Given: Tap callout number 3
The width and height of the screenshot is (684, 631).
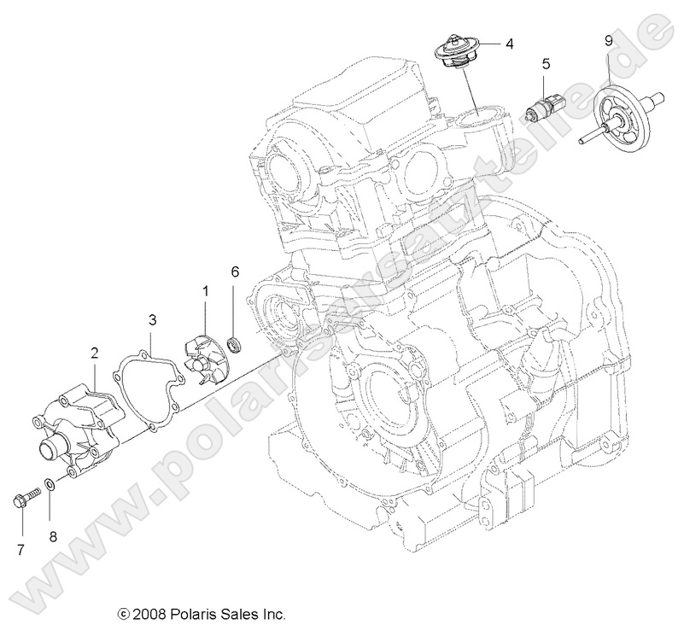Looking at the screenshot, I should (x=153, y=320).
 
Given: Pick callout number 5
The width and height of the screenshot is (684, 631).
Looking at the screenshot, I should (x=546, y=64).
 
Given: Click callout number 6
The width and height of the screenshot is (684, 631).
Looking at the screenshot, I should (x=236, y=272).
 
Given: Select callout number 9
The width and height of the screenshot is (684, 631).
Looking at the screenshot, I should (x=608, y=40).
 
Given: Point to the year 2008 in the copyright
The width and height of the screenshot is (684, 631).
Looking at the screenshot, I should (x=148, y=614).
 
